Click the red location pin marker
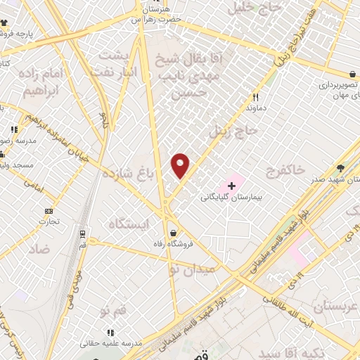tap(181, 165)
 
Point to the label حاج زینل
tap(235, 131)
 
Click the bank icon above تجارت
tap(49, 211)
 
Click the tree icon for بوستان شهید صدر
tap(341, 168)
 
